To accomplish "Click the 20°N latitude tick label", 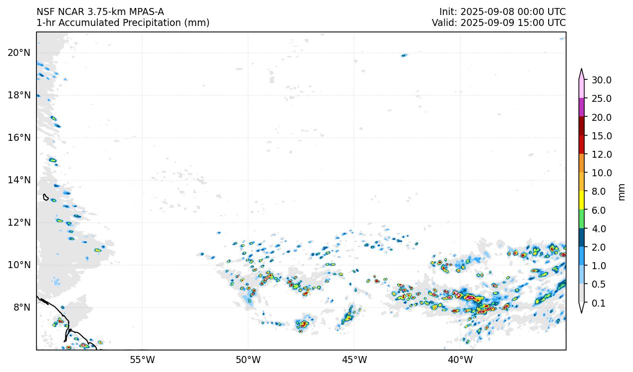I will tap(19, 52).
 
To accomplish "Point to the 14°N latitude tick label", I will tap(19, 180).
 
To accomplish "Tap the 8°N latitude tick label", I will tap(21, 307).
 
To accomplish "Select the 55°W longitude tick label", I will tap(142, 360).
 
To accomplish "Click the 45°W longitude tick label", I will tap(354, 360).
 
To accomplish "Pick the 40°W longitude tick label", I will tap(460, 360).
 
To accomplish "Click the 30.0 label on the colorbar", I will tap(602, 80).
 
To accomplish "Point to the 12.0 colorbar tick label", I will tap(602, 154).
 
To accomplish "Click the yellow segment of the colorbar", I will tap(582, 201).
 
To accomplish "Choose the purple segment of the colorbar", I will tap(582, 107).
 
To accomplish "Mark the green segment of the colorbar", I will tap(582, 219).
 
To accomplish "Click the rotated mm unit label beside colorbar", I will tap(622, 191).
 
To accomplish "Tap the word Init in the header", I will tap(447, 11).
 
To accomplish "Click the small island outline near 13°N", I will tap(45, 197).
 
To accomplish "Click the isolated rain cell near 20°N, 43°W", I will tap(404, 55).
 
